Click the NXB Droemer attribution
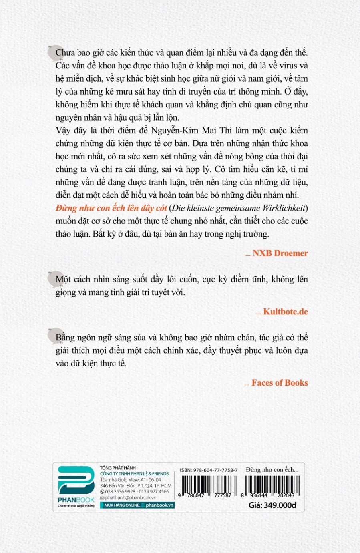(x=280, y=253)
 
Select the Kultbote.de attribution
(x=285, y=312)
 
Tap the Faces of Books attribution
(x=280, y=383)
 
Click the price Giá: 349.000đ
(x=272, y=505)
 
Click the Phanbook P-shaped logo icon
(x=76, y=480)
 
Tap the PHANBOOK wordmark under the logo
(x=76, y=500)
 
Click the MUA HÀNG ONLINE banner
(x=138, y=505)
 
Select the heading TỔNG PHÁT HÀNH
(x=118, y=468)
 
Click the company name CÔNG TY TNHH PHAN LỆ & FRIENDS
(x=134, y=474)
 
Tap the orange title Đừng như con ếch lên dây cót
(x=111, y=208)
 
